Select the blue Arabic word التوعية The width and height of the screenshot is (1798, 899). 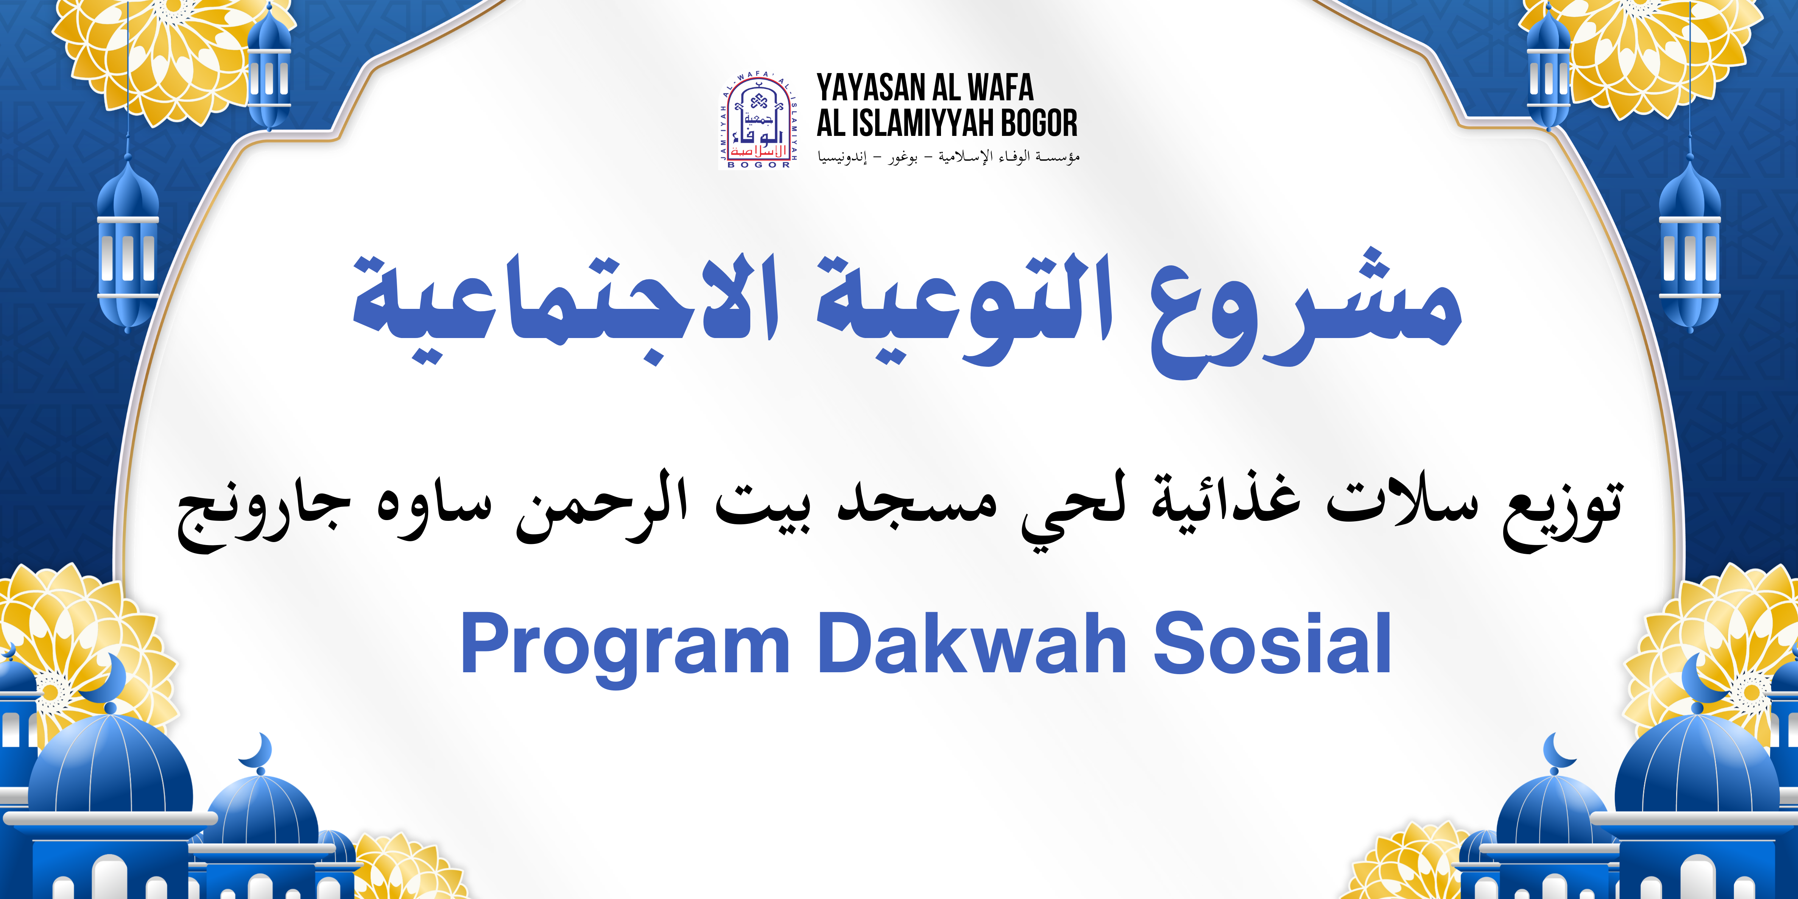963,307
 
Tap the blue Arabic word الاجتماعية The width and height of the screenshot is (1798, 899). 566,307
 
